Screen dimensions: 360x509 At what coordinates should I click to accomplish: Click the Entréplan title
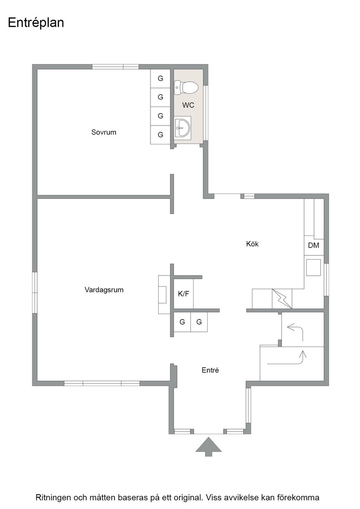36,23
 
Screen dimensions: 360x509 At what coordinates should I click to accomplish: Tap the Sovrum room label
104,132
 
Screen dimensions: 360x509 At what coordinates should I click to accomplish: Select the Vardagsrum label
104,289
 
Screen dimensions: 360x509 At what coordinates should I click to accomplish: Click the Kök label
252,244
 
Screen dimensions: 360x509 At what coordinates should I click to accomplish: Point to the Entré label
210,370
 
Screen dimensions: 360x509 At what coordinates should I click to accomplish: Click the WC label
188,105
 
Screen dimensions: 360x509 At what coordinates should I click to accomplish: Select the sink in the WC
182,128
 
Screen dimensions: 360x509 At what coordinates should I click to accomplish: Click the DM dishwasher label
314,245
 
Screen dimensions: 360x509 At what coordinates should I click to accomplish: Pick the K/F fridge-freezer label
183,294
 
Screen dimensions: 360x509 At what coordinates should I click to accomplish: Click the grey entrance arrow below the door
208,447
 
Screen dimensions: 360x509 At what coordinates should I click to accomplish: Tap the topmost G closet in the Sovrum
160,78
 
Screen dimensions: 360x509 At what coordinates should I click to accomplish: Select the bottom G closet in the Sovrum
160,135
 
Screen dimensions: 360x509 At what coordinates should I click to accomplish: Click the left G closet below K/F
182,322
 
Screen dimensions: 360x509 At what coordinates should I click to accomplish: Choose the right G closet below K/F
199,322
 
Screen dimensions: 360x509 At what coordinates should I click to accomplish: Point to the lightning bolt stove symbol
282,299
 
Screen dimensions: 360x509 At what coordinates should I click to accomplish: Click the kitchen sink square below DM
314,268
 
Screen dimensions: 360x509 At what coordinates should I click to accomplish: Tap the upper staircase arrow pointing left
295,332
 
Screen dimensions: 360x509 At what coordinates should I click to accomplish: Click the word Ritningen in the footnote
54,498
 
